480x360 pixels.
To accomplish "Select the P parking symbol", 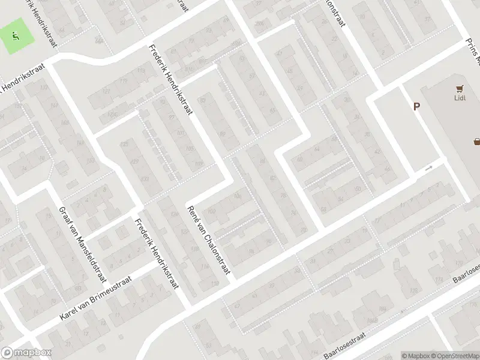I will point(416,106).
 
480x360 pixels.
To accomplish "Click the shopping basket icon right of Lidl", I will point(477,142).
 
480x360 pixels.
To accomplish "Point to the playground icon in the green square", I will point(16,35).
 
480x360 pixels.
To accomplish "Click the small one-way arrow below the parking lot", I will point(428,169).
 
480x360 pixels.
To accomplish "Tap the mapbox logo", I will point(26,353).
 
